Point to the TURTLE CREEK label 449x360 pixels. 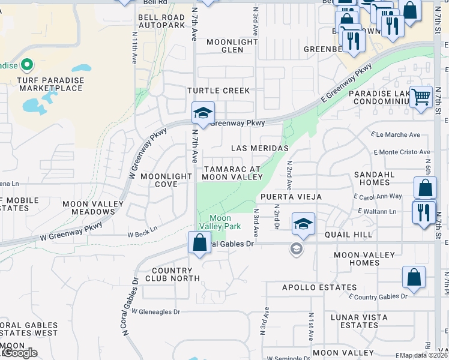point(218,91)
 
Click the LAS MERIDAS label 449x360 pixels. point(260,148)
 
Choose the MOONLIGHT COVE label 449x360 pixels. point(167,181)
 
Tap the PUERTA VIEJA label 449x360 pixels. point(291,197)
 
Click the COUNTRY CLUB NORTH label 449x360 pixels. point(167,274)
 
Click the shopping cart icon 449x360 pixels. point(421,96)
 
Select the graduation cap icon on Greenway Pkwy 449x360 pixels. point(203,113)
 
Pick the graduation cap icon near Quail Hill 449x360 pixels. point(303,224)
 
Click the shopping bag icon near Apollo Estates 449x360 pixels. point(414,277)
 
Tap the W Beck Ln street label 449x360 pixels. point(142,229)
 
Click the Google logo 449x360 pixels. point(20,353)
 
